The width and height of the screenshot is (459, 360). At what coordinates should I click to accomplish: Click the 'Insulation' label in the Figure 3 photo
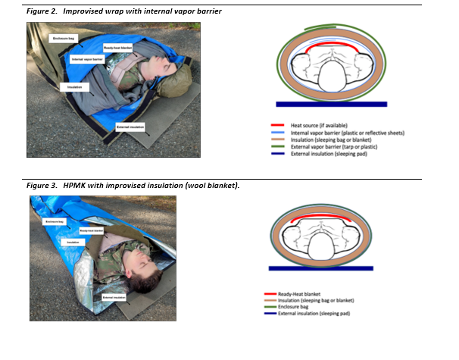pyautogui.click(x=73, y=242)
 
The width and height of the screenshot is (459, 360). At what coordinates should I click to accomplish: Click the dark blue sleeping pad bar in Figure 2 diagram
pyautogui.click(x=332, y=104)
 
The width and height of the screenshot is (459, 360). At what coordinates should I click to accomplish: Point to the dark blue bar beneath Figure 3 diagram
pyautogui.click(x=324, y=268)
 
